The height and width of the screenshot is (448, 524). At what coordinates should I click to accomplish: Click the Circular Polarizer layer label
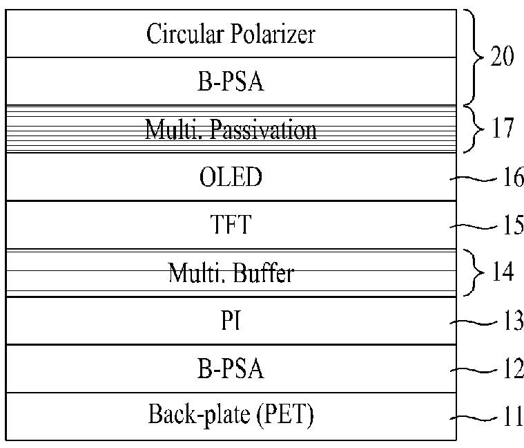(x=231, y=34)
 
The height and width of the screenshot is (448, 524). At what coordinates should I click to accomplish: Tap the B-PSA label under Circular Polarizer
(x=231, y=82)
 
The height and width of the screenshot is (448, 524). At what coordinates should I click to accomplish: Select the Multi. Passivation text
(x=231, y=129)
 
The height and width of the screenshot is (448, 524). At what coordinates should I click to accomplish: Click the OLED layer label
(x=231, y=177)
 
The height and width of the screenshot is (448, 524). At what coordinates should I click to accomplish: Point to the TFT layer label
(x=231, y=225)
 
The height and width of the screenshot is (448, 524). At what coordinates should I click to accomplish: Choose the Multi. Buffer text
(x=231, y=273)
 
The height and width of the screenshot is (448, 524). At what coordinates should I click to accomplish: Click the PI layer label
(x=231, y=320)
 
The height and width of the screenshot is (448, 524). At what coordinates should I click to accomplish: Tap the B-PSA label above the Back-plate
(x=231, y=368)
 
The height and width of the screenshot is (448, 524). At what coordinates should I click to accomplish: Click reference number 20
(x=503, y=56)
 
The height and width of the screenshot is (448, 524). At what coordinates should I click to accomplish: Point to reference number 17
(x=503, y=128)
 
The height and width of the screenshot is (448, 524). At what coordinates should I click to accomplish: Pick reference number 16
(x=514, y=177)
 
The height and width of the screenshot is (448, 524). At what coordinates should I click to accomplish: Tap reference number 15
(x=514, y=225)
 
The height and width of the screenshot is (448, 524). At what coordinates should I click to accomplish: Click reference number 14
(x=503, y=272)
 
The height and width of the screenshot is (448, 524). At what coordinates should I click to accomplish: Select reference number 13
(x=514, y=320)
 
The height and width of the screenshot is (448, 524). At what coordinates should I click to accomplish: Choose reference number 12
(x=514, y=368)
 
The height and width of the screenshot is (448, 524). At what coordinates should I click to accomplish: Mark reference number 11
(x=514, y=416)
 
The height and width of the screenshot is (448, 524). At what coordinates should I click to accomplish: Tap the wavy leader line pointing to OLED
(x=473, y=179)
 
